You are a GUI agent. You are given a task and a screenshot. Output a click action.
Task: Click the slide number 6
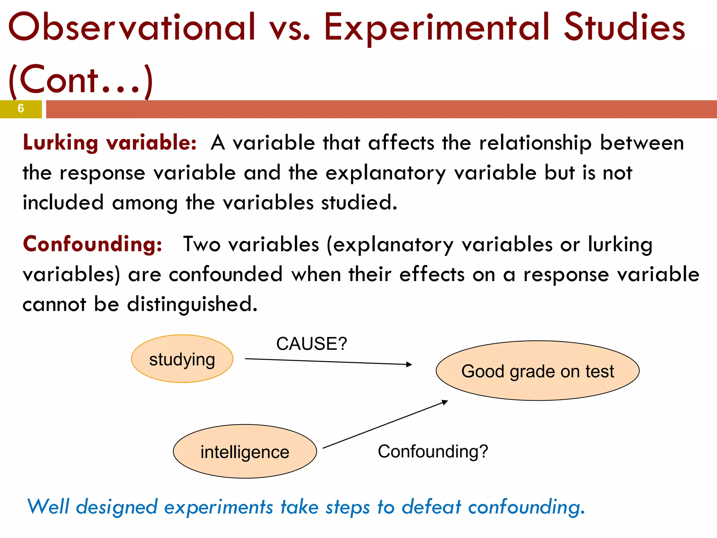21,109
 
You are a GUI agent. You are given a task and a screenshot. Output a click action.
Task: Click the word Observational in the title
132,27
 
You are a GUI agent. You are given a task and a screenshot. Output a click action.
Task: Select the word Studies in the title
624,27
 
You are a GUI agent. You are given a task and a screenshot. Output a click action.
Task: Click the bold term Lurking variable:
110,143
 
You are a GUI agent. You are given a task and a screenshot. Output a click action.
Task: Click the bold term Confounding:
92,244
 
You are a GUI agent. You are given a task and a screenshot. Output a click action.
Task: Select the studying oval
182,359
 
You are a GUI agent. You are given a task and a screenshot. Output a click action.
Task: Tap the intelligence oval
245,451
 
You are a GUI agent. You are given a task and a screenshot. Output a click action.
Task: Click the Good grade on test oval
537,371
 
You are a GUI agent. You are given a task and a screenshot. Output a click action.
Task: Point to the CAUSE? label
312,344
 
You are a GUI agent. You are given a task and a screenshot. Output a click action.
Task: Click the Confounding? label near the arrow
433,451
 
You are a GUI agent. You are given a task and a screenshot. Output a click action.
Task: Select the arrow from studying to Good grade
328,361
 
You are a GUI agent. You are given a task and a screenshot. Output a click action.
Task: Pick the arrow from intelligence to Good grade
385,425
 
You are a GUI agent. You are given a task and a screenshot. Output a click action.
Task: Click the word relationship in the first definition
535,144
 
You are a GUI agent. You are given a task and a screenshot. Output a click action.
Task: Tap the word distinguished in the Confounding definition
192,304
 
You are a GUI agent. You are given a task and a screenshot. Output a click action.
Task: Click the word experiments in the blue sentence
218,507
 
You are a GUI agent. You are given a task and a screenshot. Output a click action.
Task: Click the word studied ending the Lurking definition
359,203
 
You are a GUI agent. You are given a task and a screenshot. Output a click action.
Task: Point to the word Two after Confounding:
202,244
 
